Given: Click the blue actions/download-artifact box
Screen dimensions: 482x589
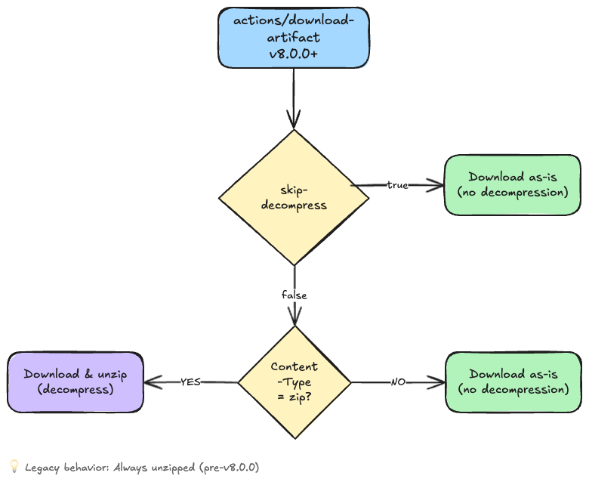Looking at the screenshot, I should (x=294, y=38).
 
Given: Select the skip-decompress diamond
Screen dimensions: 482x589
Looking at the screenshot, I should (x=294, y=197).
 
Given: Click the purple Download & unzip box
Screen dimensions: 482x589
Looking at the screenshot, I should (x=75, y=382).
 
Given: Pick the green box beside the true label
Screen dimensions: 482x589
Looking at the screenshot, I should (x=513, y=185).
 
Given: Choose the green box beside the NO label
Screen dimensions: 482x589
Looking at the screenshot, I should (x=513, y=382).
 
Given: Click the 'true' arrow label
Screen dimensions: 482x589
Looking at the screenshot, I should (x=397, y=185).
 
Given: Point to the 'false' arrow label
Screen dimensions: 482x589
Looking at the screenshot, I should (x=294, y=295).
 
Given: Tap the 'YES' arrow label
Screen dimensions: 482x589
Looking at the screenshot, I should (x=190, y=382).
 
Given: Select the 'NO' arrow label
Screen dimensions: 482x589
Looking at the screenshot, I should (x=398, y=382).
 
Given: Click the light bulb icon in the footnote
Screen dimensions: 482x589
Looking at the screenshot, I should (x=14, y=467).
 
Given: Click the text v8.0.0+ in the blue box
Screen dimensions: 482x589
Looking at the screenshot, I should (x=293, y=54).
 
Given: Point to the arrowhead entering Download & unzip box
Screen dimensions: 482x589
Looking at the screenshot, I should (x=151, y=382).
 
